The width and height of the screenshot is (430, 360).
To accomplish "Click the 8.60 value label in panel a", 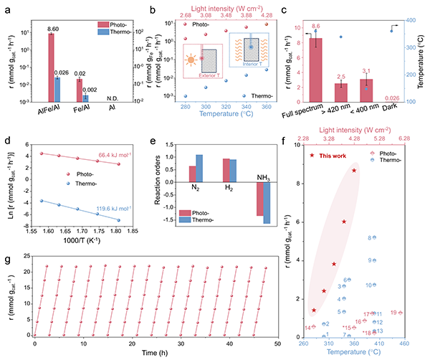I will click(52, 29).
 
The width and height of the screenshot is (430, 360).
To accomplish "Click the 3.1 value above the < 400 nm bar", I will click(368, 70).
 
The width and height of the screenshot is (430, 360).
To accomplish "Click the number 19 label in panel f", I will click(393, 313).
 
